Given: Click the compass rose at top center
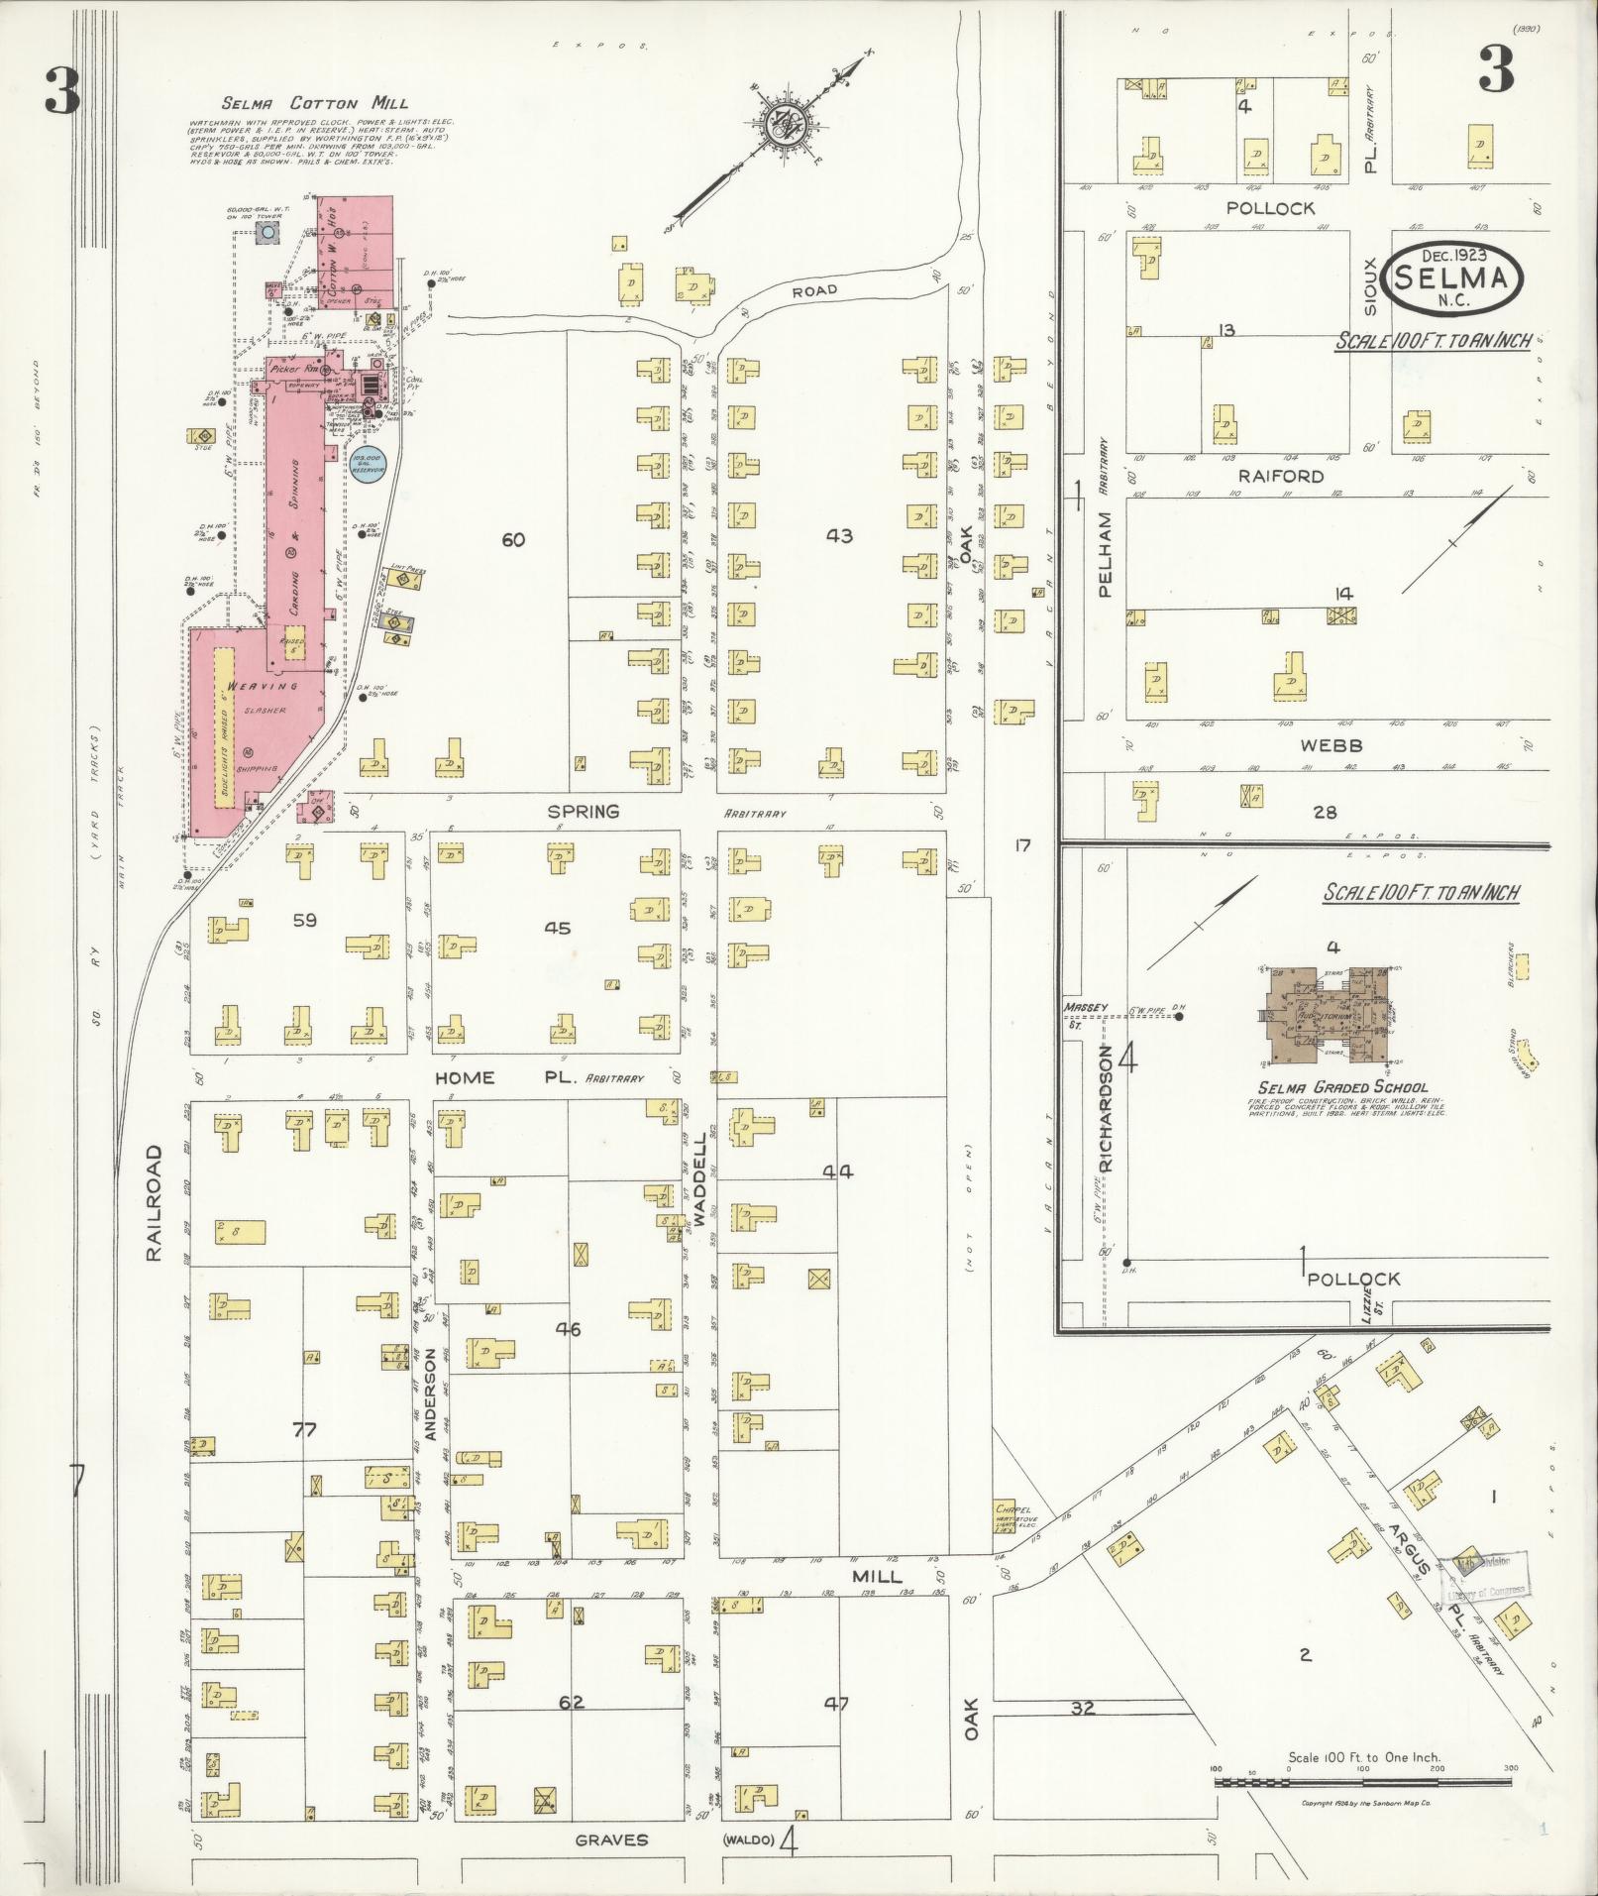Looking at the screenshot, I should pyautogui.click(x=784, y=126).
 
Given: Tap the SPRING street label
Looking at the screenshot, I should pyautogui.click(x=583, y=812).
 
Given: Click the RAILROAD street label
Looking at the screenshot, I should pyautogui.click(x=154, y=1203).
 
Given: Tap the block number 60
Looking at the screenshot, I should pyautogui.click(x=512, y=540).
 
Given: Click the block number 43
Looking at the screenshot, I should pyautogui.click(x=838, y=536).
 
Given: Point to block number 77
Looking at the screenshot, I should pyautogui.click(x=304, y=1429).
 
